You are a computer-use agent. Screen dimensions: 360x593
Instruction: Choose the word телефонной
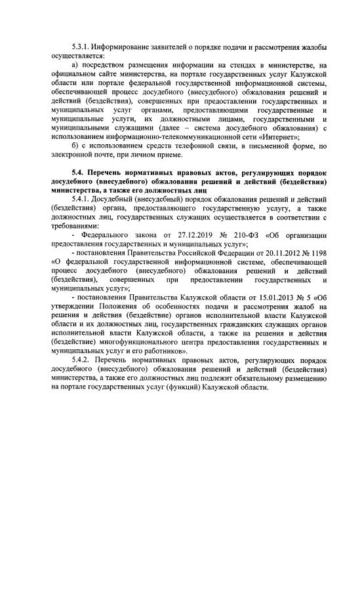188,146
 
